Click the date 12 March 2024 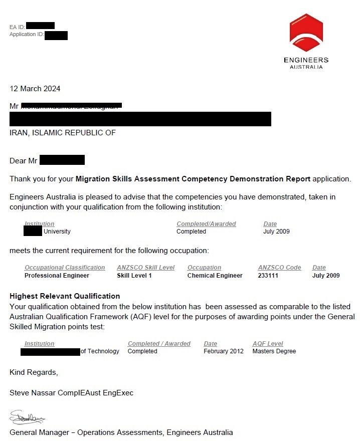point(35,89)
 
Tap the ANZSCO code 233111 point(268,276)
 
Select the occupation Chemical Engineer point(215,276)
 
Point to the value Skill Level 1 point(134,276)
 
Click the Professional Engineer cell point(57,276)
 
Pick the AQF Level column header point(268,344)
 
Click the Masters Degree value point(274,351)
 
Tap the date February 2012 point(224,351)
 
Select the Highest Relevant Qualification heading point(65,296)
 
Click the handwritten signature point(27,417)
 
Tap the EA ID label point(17,27)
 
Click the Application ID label point(27,35)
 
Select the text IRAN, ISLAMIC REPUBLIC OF point(63,133)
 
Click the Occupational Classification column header point(65,268)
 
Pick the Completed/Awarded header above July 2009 point(206,224)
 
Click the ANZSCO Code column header point(279,268)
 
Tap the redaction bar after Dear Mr point(62,160)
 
